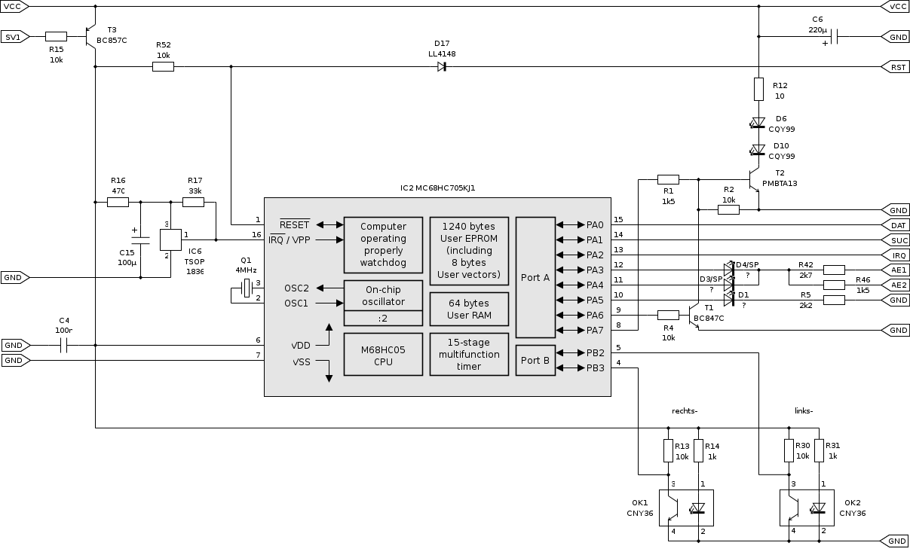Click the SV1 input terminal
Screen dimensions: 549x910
[x=15, y=36]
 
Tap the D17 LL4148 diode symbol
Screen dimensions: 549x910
[x=442, y=67]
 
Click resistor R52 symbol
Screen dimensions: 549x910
[x=163, y=67]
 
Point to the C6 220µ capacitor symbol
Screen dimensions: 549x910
[x=835, y=36]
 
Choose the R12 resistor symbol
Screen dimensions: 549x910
[x=759, y=90]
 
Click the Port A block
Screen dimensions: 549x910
[x=535, y=277]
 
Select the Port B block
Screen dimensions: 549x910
[x=535, y=360]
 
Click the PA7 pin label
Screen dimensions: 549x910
[x=595, y=331]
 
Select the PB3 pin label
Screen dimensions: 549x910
[x=595, y=368]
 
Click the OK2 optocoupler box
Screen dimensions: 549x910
[x=806, y=508]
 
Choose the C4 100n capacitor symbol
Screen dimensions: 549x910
[x=64, y=346]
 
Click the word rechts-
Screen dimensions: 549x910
[x=685, y=410]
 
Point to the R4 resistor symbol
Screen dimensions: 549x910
[x=668, y=315]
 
